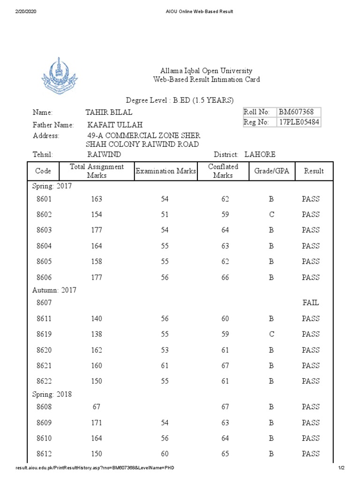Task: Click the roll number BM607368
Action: (x=296, y=112)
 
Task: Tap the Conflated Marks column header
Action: (x=223, y=171)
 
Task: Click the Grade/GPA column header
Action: (x=271, y=171)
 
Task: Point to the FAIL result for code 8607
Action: (x=310, y=303)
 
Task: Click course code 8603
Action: (x=44, y=230)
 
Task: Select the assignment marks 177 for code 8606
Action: (x=97, y=277)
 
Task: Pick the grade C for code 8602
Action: (x=271, y=215)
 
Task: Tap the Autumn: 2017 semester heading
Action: (x=54, y=290)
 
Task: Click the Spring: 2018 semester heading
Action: (x=52, y=394)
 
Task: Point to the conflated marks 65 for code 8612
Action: (x=225, y=454)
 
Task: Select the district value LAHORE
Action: (x=257, y=154)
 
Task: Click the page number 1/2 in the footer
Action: (x=341, y=468)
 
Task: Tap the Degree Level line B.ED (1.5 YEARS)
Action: (x=180, y=101)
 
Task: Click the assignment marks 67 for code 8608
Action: (x=97, y=407)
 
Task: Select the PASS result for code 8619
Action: (x=310, y=334)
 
